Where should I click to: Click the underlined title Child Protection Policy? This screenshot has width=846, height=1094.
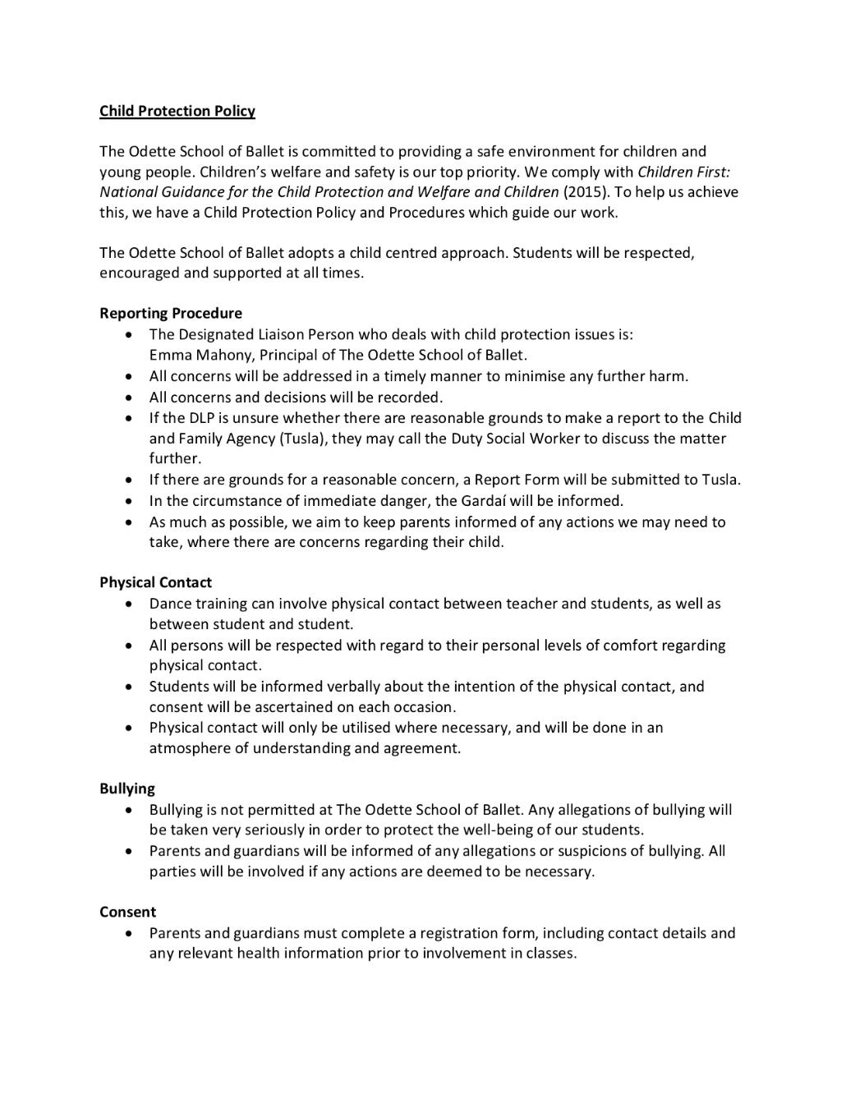(x=177, y=111)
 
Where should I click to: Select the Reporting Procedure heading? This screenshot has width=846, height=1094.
(x=171, y=313)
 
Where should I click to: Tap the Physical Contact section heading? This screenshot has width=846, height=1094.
(x=155, y=582)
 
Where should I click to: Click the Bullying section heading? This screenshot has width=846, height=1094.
(x=127, y=788)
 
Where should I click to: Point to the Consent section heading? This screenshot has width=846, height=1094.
(x=127, y=912)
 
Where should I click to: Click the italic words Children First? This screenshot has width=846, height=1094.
(x=683, y=172)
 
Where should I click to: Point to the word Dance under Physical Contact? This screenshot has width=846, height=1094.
(x=170, y=604)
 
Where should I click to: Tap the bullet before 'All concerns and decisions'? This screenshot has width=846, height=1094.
(x=129, y=398)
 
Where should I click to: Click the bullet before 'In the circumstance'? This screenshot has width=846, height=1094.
(x=129, y=501)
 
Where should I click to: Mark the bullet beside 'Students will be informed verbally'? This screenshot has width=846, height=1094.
(x=129, y=687)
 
